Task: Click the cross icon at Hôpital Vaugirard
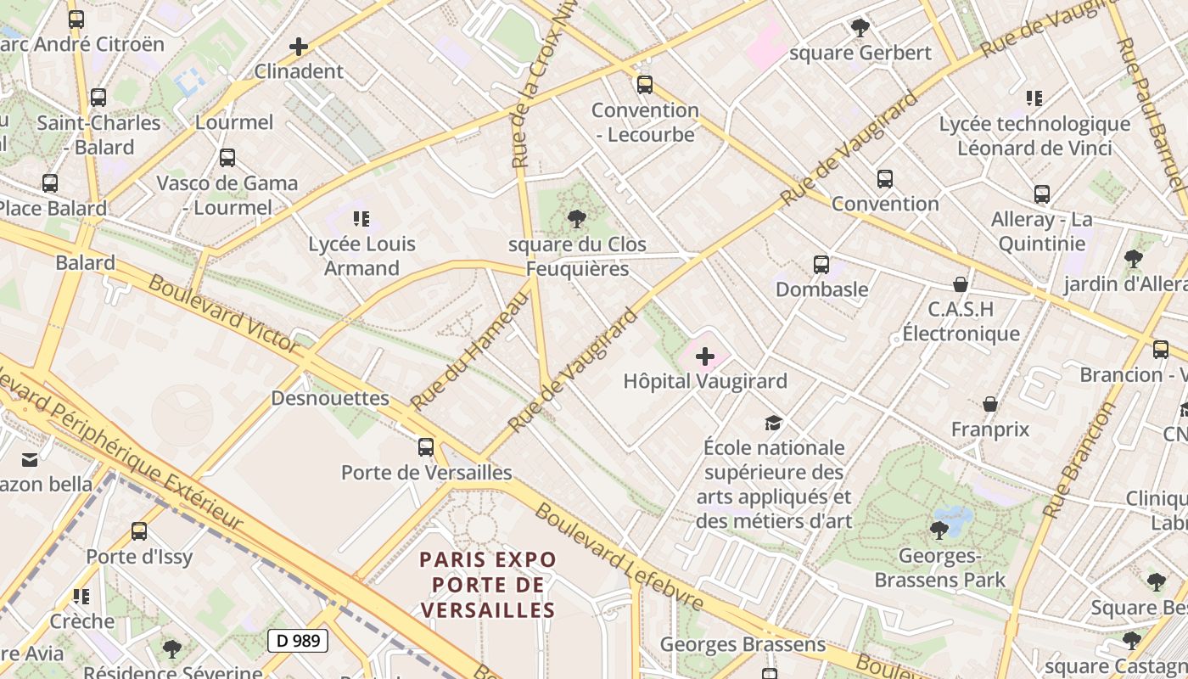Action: click(704, 357)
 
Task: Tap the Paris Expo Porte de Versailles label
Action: click(488, 585)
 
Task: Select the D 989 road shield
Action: click(298, 641)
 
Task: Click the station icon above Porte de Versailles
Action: click(426, 446)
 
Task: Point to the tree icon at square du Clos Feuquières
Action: click(577, 219)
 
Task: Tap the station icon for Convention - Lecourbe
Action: click(645, 84)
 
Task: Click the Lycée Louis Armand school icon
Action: click(361, 219)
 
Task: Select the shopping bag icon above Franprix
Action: click(989, 404)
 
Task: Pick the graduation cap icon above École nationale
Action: click(773, 423)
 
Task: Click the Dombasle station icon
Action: click(821, 264)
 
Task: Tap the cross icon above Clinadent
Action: click(299, 47)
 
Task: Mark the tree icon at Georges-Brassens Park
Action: click(939, 530)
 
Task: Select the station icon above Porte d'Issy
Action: click(139, 532)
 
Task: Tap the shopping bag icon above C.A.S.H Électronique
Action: click(961, 283)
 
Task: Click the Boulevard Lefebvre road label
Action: click(619, 556)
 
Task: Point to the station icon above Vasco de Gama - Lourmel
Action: click(227, 158)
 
